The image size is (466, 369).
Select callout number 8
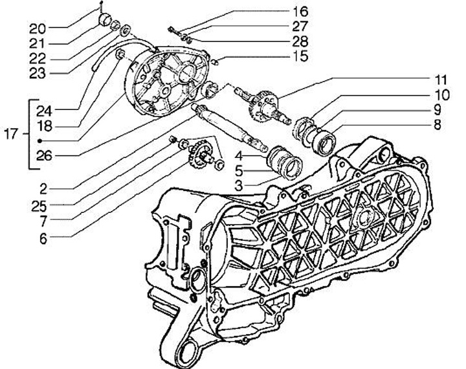437,125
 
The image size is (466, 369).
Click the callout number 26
44,155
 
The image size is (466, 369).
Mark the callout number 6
43,238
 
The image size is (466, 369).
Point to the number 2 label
43,189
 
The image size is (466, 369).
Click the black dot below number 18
40,140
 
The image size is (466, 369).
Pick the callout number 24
44,109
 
